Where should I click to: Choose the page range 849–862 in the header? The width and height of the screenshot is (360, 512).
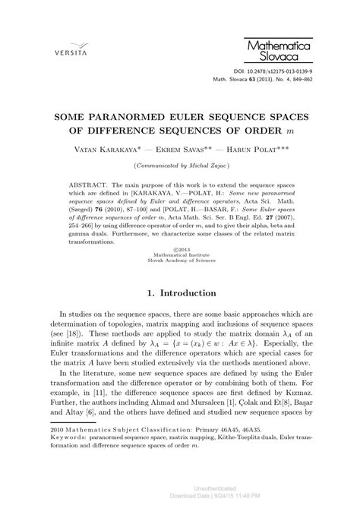click(295, 77)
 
